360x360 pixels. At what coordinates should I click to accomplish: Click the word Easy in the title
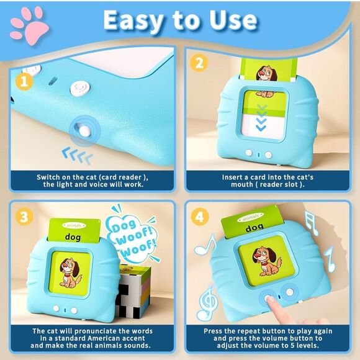pyautogui.click(x=136, y=20)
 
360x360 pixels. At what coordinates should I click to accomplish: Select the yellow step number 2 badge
pyautogui.click(x=199, y=63)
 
